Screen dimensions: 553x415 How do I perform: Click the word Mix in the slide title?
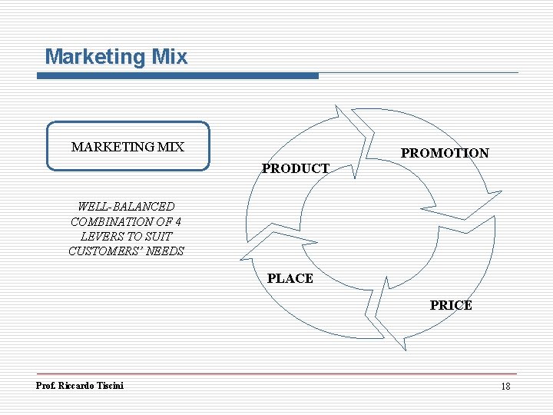coord(170,57)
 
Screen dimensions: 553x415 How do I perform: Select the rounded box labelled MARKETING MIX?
coord(127,145)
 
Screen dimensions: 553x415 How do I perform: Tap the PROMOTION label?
coord(445,153)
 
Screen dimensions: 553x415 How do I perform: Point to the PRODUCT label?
coord(296,168)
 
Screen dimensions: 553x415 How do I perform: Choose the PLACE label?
coord(290,278)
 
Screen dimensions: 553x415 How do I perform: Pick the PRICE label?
coord(451,305)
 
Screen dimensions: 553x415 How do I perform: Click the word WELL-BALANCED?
coord(126,207)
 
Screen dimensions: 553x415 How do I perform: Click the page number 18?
coord(505,386)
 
